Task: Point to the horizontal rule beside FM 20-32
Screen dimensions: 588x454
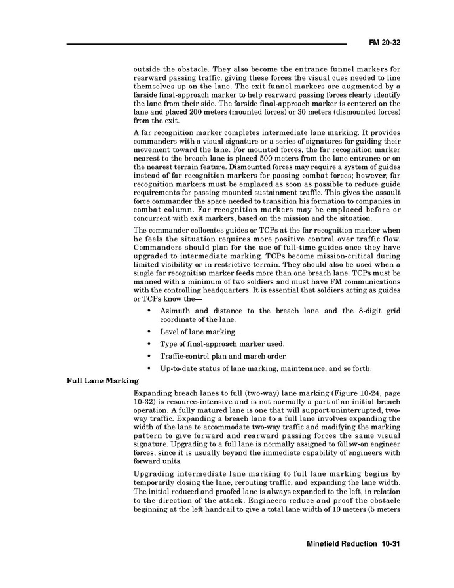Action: (x=206, y=45)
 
